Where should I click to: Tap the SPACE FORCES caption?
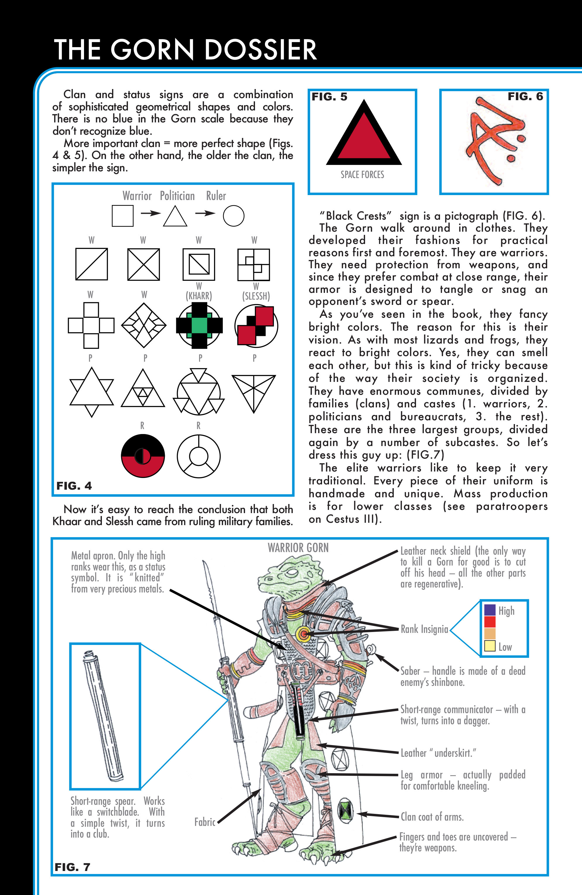click(x=362, y=175)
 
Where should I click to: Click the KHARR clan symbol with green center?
click(x=199, y=326)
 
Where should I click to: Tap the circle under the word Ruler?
click(x=234, y=216)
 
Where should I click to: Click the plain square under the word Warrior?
click(x=123, y=216)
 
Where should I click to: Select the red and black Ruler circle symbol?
click(x=143, y=456)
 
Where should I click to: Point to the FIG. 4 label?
click(x=74, y=486)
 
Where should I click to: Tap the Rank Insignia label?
click(x=424, y=629)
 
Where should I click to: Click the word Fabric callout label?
click(x=205, y=822)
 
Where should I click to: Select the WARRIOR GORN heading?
click(x=298, y=548)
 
